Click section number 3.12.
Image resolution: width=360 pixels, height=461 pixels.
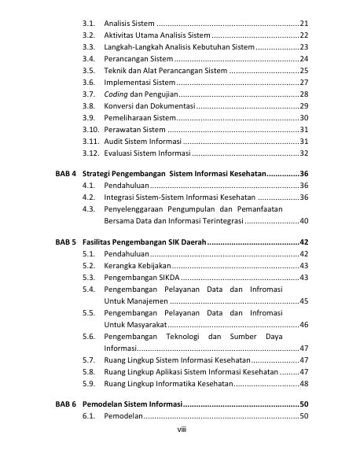[92, 153]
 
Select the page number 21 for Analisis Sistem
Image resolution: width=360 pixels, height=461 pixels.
[303, 24]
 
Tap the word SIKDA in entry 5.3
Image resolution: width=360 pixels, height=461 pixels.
[163, 278]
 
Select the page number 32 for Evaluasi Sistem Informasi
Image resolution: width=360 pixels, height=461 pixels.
[303, 153]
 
